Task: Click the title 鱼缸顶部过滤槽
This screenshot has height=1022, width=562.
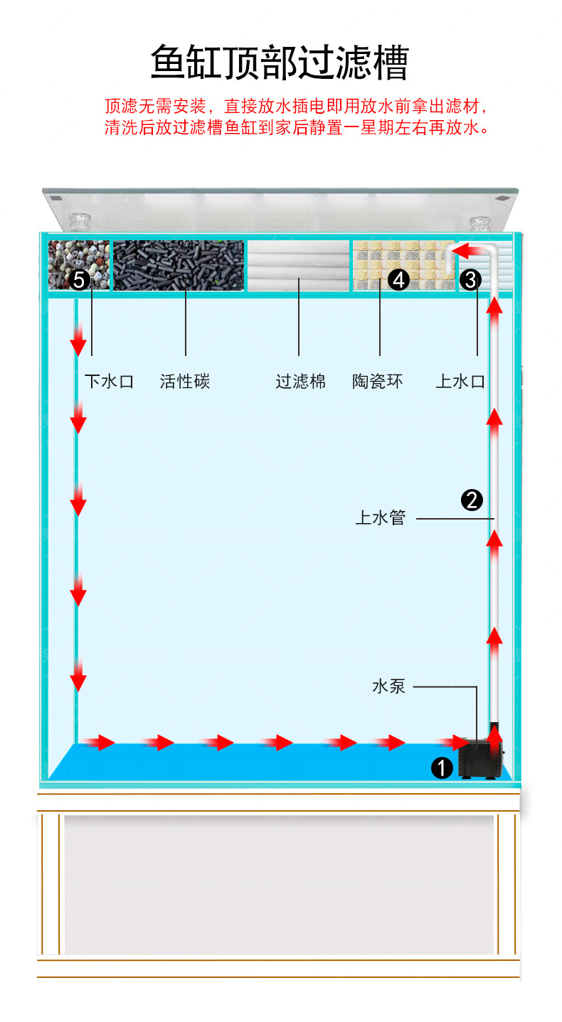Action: (280, 63)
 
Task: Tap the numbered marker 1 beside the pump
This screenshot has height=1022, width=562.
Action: (442, 768)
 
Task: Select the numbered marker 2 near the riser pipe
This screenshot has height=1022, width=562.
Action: (472, 500)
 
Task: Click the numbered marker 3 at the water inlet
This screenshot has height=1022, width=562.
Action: (471, 279)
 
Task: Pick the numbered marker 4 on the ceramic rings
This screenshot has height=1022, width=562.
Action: (398, 280)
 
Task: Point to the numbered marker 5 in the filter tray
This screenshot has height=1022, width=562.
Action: (79, 280)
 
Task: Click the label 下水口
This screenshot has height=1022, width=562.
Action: (109, 382)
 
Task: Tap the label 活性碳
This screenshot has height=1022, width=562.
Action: (185, 382)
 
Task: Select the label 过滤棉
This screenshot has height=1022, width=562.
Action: (300, 382)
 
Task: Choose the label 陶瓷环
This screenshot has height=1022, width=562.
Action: (378, 382)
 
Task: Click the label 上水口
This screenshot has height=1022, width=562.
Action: (460, 382)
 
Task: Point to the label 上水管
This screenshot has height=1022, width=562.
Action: (380, 518)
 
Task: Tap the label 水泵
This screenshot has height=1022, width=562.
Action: (388, 687)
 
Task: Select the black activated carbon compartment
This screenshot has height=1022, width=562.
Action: (178, 265)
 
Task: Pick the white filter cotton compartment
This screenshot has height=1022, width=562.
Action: (299, 265)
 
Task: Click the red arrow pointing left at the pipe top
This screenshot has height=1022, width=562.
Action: (469, 250)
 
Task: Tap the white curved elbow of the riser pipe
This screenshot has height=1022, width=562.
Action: (489, 253)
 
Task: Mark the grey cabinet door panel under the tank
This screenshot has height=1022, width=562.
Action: (279, 884)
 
